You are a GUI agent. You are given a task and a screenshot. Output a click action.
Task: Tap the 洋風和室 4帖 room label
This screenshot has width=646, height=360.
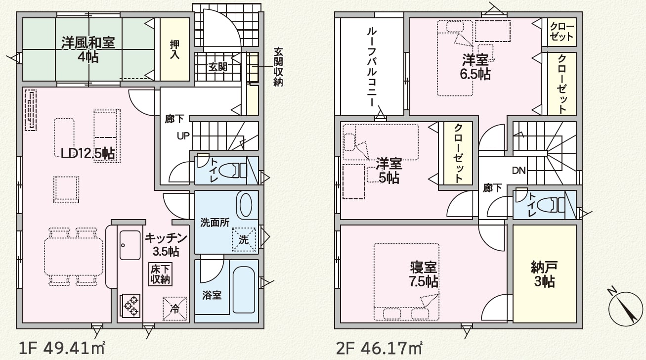(88, 49)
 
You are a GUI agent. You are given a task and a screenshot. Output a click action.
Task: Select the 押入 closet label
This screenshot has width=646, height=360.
(174, 49)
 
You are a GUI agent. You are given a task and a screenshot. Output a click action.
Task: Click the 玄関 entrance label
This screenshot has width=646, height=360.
(218, 67)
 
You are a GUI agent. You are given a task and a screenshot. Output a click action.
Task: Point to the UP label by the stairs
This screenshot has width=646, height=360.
(183, 135)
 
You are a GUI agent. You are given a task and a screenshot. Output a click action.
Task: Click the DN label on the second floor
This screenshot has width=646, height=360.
(519, 171)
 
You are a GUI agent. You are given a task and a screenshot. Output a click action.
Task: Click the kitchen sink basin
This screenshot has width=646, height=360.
(130, 245)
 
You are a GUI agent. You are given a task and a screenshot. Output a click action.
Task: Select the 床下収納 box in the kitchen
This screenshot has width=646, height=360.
(160, 274)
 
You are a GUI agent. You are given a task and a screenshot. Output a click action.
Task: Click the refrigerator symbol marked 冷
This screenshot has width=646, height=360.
(175, 309)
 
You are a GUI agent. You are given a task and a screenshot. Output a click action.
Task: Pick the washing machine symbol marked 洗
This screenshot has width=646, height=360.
(244, 239)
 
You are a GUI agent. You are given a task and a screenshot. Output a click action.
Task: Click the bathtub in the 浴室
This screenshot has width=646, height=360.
(244, 289)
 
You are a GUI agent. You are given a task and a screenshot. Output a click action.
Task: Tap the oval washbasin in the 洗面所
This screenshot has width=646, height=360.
(246, 205)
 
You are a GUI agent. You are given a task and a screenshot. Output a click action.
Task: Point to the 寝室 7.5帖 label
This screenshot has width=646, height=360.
(424, 274)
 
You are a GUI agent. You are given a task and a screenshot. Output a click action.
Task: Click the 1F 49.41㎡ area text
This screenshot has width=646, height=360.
(61, 349)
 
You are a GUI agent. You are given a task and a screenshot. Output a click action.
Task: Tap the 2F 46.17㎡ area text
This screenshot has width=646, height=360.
(379, 349)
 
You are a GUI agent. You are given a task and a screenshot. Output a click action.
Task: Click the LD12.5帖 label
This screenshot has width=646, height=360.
(88, 154)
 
